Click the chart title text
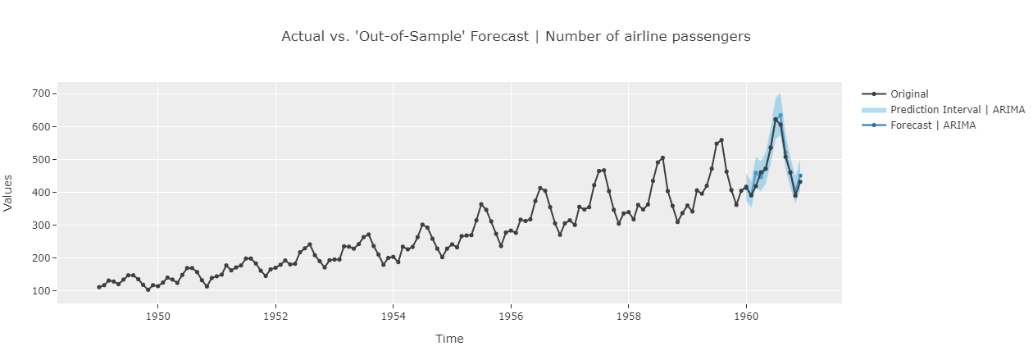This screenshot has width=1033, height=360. point(516,36)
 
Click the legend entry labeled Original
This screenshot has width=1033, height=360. point(909,94)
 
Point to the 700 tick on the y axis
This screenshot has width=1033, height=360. point(42,94)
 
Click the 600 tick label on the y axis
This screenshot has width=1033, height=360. point(42,127)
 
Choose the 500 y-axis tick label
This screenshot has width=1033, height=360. point(42,160)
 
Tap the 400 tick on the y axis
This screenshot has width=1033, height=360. point(42,193)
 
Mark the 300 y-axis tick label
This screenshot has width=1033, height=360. point(42,226)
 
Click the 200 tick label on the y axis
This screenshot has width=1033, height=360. point(42,258)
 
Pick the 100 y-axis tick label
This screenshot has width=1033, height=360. point(42,291)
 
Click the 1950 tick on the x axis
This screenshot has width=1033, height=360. point(157,314)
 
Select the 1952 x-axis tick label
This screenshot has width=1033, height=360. point(275,314)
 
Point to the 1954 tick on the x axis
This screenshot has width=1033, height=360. point(393,314)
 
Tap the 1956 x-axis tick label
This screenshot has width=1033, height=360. point(511,314)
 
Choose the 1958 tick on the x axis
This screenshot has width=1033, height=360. point(628,314)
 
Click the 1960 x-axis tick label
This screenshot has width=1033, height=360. point(746,314)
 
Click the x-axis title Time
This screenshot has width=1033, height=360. point(449,339)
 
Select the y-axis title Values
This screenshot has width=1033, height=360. point(9,193)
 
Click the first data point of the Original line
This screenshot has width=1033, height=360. point(99,287)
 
